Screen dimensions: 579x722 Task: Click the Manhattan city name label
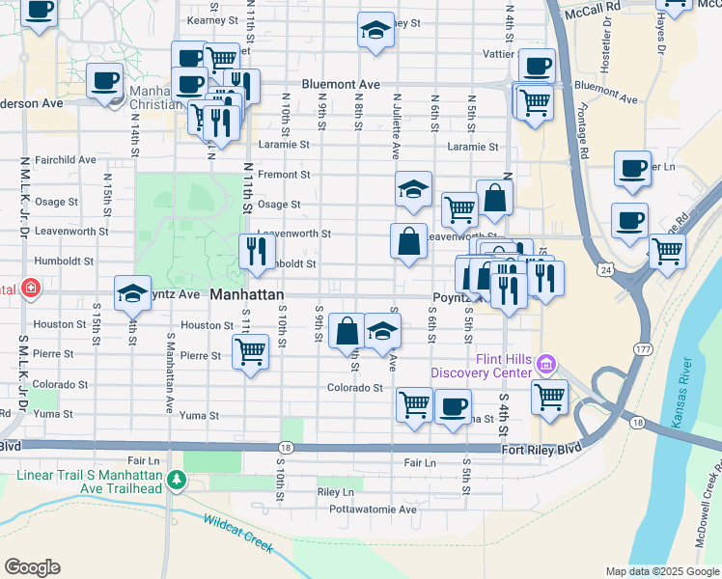tap(247, 294)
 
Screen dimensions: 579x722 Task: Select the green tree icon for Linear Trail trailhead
tap(176, 480)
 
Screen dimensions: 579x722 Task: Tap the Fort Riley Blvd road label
tap(541, 450)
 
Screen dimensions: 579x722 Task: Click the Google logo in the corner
tap(32, 567)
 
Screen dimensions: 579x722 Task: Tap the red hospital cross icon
tap(31, 288)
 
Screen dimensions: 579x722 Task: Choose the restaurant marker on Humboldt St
tap(257, 252)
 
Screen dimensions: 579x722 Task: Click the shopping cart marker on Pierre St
tap(251, 352)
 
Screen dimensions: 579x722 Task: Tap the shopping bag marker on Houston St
tap(347, 330)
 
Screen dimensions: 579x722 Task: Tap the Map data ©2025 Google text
tap(661, 571)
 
